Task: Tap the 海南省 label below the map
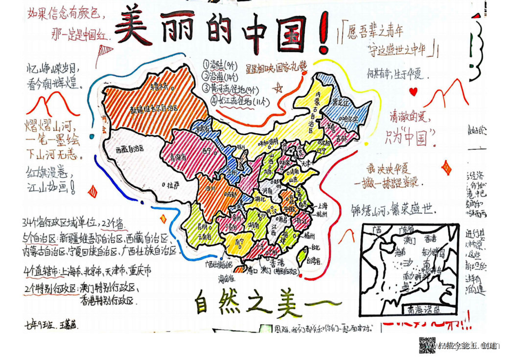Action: point(225,279)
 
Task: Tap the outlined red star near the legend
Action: point(279,88)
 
